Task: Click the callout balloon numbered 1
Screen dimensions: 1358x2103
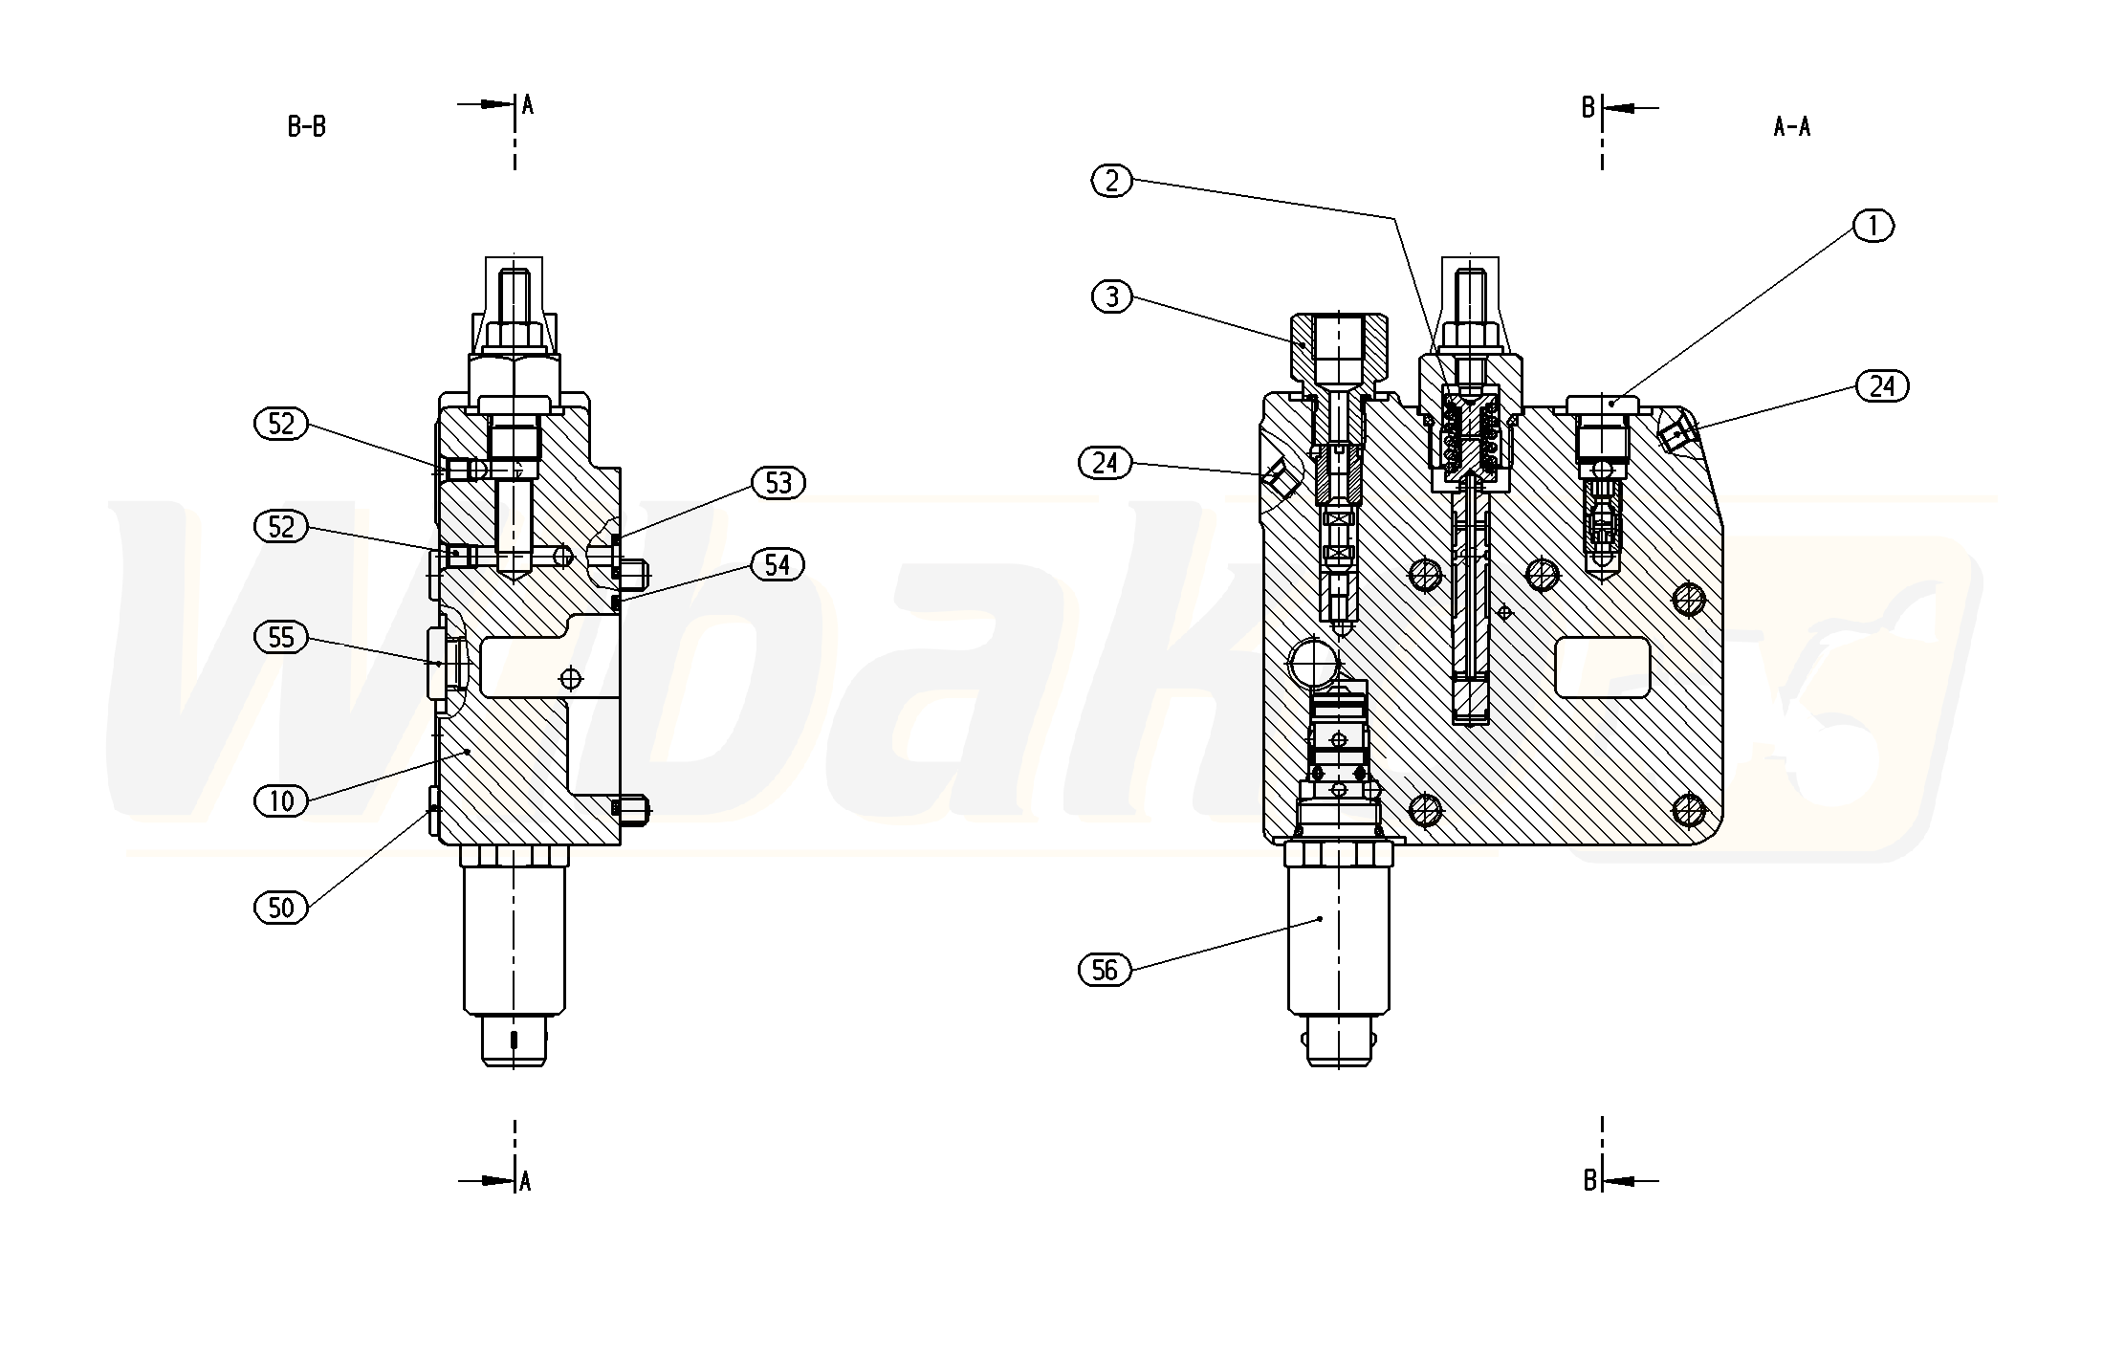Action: [1873, 226]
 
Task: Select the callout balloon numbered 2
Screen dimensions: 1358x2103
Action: [1111, 181]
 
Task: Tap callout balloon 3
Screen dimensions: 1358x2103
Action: [1111, 297]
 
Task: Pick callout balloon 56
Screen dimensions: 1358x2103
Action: [1105, 971]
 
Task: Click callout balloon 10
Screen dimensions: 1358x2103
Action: [281, 800]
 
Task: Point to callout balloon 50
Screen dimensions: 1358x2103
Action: [281, 907]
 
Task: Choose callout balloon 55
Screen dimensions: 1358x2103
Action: [281, 637]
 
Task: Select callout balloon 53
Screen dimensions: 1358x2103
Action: [778, 483]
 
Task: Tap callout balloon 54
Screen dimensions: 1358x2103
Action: [777, 565]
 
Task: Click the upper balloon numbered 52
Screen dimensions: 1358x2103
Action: [281, 424]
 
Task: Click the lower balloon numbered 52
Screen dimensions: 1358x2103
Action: [281, 527]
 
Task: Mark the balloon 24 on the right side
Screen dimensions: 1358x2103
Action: [1881, 386]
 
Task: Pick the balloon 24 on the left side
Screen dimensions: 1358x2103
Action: [1105, 463]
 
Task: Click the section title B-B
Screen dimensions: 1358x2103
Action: [307, 126]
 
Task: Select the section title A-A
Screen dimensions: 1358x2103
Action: [1791, 126]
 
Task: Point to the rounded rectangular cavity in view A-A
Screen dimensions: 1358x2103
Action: [1603, 668]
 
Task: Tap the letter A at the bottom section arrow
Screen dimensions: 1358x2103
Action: [525, 1182]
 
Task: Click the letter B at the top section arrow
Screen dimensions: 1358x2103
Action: [1588, 108]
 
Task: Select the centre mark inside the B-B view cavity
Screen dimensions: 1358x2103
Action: [571, 679]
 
